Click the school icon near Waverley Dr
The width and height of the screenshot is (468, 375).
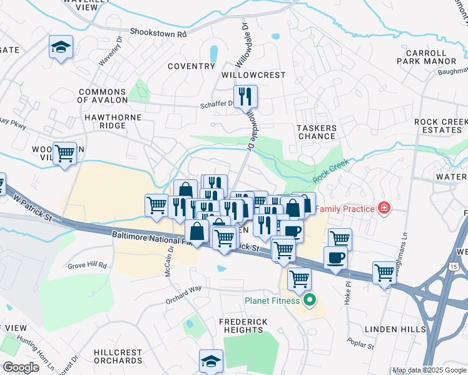point(61,47)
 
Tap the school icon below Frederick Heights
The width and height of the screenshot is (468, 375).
point(211,361)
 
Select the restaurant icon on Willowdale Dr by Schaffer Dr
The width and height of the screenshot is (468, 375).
point(246,96)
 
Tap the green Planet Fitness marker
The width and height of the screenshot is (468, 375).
point(308,301)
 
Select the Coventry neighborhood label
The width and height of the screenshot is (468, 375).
point(191,66)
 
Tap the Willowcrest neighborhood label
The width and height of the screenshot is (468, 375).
point(254,75)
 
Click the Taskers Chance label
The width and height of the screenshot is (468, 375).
point(317,132)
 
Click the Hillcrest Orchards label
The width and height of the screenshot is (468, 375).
point(118,356)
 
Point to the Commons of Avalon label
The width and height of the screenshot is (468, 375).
point(103,96)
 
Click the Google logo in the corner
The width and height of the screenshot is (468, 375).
point(21,367)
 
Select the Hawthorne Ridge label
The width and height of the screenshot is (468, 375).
point(103,121)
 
